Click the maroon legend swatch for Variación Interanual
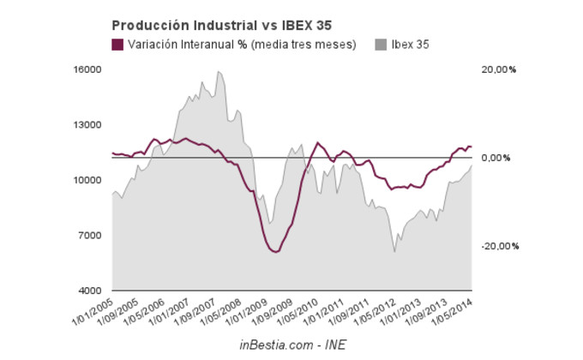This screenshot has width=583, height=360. tap(118, 45)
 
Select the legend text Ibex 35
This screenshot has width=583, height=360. tap(411, 45)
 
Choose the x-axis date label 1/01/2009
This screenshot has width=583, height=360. tap(253, 311)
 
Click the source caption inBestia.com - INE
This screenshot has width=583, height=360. tap(292, 345)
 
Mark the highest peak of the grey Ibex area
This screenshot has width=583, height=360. tap(219, 71)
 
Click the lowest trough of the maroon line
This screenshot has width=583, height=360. tap(274, 252)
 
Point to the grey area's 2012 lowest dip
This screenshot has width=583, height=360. tap(394, 251)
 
